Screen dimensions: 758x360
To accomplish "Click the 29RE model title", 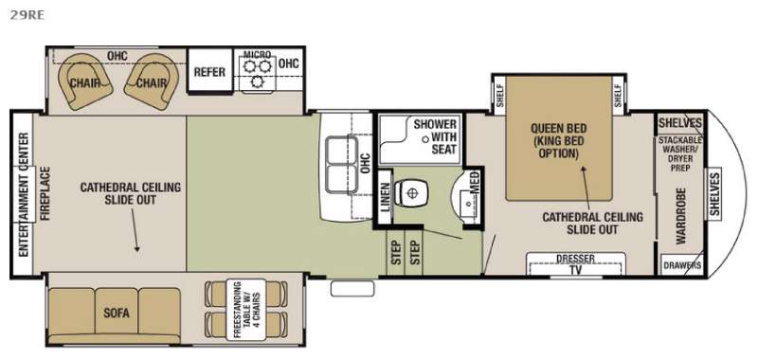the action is (x=27, y=15).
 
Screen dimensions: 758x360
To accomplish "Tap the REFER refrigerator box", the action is (x=209, y=70).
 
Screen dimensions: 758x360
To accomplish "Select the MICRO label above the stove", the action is (x=257, y=54).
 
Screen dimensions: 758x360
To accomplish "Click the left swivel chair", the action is (x=85, y=81).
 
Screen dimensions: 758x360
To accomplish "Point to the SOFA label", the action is (x=117, y=313).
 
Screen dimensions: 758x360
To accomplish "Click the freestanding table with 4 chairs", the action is (x=246, y=309).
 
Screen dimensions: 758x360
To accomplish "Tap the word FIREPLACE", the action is (x=45, y=193).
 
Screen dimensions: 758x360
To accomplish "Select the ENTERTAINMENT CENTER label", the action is (x=22, y=194).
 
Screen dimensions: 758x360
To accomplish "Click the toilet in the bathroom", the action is (x=411, y=193).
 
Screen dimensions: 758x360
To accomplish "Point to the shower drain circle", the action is (x=425, y=139).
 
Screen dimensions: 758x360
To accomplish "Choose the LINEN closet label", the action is (x=385, y=197).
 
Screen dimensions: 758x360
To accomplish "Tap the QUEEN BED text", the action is (x=559, y=129).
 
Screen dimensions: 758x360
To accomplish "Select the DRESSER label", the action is (x=575, y=259).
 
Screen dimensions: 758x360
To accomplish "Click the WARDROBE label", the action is (x=681, y=215).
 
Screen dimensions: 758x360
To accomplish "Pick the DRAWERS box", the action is (x=681, y=265).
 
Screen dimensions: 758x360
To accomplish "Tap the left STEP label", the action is (x=396, y=252).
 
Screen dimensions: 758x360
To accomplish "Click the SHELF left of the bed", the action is (x=499, y=95).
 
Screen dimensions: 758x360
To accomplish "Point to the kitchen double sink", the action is (x=341, y=166).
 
